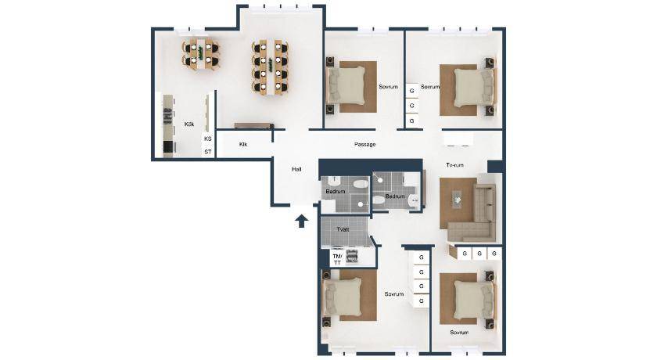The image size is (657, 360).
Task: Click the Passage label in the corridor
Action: [x=364, y=144]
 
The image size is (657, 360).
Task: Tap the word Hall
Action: [x=296, y=169]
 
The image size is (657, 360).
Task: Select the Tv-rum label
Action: [x=454, y=165]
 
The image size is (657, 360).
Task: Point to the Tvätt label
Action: [x=343, y=229]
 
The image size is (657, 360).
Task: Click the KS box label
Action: [x=208, y=139]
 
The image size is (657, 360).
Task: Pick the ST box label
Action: [x=208, y=152]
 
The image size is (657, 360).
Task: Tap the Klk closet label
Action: [x=243, y=144]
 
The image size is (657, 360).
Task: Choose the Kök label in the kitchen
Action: [x=189, y=124]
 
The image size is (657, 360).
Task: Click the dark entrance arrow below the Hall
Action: [x=301, y=221]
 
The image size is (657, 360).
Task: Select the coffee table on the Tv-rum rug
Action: [x=456, y=198]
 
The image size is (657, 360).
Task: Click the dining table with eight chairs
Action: [x=269, y=67]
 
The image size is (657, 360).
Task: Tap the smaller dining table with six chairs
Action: [x=200, y=55]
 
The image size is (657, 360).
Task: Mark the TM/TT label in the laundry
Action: [x=337, y=259]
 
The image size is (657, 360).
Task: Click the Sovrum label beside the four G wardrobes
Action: [x=394, y=294]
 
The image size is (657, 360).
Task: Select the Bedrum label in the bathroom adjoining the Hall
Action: [x=336, y=192]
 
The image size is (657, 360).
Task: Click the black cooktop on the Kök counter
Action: [x=168, y=146]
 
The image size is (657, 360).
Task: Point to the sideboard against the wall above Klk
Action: [x=254, y=126]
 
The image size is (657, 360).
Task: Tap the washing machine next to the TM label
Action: [x=351, y=256]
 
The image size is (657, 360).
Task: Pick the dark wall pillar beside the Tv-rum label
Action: [x=496, y=166]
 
